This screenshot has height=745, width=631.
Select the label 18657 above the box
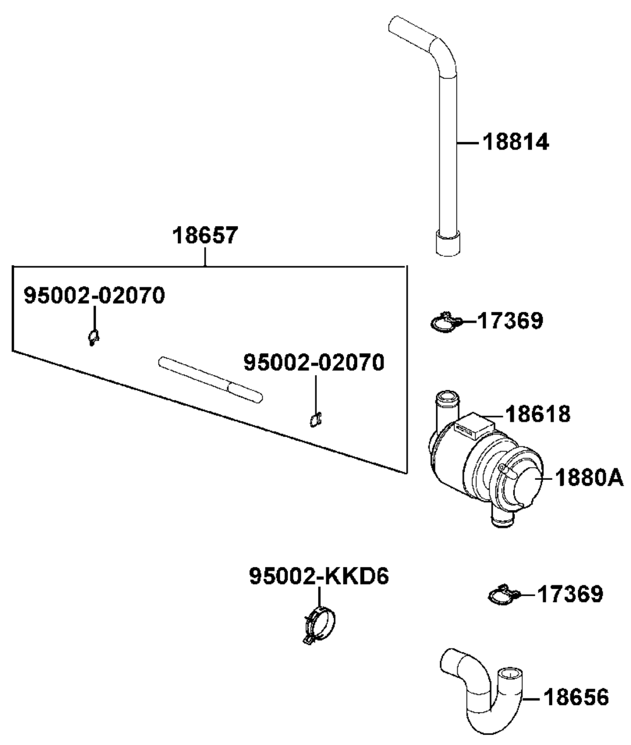click(x=206, y=236)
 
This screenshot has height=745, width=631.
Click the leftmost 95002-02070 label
click(x=95, y=295)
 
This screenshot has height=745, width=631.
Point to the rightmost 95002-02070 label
click(x=314, y=362)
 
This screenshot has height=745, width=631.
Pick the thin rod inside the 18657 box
click(x=209, y=378)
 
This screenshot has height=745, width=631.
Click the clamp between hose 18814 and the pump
click(x=446, y=323)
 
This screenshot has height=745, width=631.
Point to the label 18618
click(x=537, y=414)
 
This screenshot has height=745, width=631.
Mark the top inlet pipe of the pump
click(x=444, y=410)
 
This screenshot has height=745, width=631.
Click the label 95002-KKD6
click(x=319, y=576)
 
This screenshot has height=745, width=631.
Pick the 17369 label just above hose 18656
click(x=570, y=593)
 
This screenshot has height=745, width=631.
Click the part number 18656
click(x=576, y=698)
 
